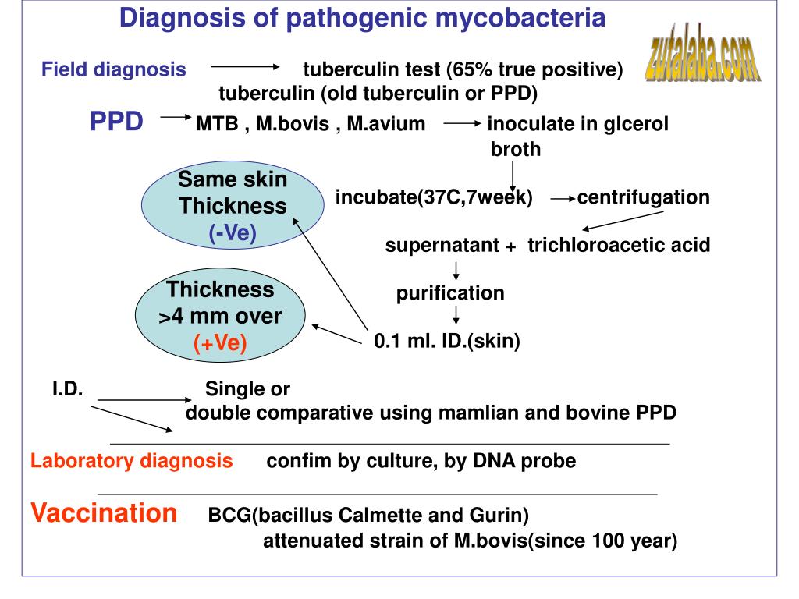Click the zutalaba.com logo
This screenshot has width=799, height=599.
click(703, 53)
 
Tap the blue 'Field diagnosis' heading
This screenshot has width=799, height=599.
click(114, 69)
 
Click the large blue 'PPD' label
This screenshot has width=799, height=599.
click(117, 122)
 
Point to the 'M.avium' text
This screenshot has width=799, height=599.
click(386, 124)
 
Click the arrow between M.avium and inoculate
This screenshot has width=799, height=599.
click(462, 123)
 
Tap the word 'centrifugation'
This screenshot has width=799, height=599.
click(644, 197)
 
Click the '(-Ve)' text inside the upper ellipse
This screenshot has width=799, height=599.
click(233, 232)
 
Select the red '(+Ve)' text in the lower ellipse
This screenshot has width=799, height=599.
click(220, 342)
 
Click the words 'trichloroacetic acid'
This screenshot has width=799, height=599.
click(619, 245)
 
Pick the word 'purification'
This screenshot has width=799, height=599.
click(450, 293)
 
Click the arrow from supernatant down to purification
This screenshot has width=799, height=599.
click(456, 271)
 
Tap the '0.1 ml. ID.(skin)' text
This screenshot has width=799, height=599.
click(447, 341)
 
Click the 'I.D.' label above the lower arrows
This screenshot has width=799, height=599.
click(67, 388)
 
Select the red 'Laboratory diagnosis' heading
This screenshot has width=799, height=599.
click(131, 461)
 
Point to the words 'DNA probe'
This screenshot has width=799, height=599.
click(525, 460)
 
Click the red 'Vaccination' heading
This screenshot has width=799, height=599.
click(104, 512)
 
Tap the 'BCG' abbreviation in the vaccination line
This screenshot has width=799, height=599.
click(230, 515)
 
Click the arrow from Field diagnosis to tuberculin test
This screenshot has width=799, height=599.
click(245, 67)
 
